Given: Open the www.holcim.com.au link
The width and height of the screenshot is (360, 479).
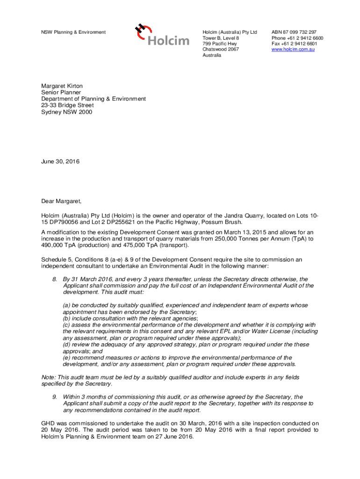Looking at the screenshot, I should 293,49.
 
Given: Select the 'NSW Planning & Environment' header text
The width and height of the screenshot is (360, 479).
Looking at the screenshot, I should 73,32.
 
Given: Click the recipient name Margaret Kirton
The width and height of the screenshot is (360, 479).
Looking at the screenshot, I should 62,86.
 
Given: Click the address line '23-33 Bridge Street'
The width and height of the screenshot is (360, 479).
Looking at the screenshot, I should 64,105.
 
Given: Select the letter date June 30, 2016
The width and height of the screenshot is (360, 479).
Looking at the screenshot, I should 60,162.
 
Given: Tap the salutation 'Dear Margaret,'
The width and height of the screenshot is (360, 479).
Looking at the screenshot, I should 61,202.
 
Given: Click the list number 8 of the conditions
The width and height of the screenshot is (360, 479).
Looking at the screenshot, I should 54,279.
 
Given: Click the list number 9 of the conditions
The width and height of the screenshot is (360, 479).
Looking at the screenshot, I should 54,397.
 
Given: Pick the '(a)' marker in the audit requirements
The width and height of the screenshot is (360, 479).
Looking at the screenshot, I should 66,305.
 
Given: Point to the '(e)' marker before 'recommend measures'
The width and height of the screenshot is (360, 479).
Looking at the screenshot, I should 66,358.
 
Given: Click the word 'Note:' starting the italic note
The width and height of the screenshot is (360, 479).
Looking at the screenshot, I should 48,377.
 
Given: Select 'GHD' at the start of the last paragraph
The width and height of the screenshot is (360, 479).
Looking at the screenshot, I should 48,423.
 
